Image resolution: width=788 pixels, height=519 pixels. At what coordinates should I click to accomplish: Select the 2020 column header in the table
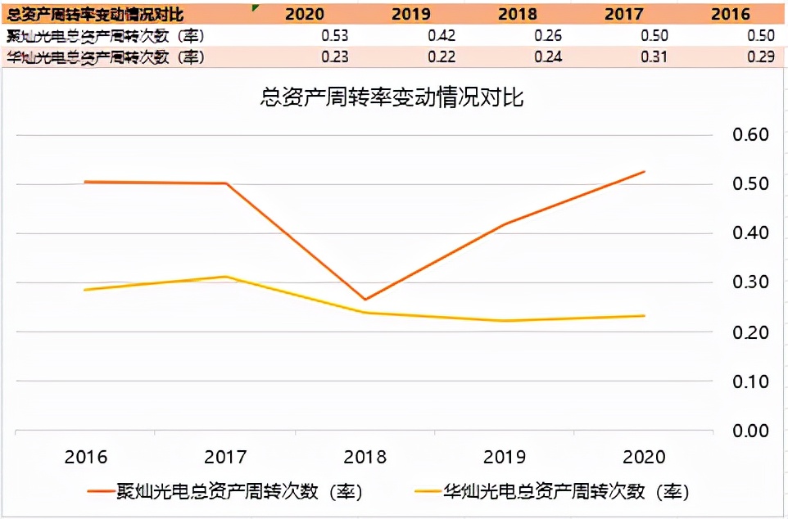304,14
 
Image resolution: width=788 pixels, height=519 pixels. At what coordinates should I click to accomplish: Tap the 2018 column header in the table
517,14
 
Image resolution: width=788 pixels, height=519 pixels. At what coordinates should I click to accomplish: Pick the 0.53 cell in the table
336,36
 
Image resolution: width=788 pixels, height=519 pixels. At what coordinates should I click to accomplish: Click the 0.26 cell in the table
548,36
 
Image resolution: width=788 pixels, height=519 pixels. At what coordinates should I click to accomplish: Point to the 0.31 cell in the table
655,57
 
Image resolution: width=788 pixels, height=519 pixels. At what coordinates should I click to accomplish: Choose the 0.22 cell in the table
442,57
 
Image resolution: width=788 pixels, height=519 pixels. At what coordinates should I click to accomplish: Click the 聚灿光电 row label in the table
105,36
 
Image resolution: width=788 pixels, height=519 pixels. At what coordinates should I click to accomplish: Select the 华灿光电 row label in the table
105,57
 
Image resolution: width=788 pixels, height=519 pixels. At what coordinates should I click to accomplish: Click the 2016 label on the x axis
85,457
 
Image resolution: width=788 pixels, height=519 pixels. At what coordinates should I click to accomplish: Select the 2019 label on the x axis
505,457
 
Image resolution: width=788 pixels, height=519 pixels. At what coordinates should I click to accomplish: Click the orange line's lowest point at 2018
365,300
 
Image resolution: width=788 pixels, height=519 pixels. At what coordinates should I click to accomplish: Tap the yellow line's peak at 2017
225,277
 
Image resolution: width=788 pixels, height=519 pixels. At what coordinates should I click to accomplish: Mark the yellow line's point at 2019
505,321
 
